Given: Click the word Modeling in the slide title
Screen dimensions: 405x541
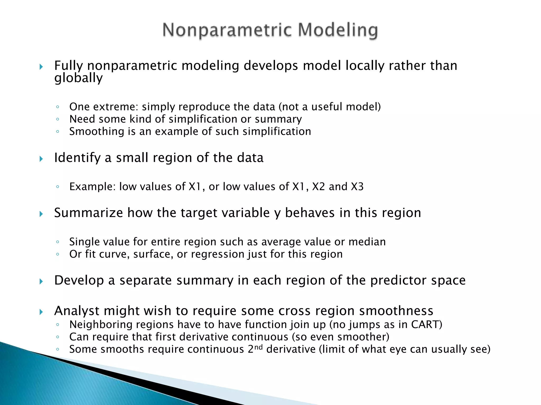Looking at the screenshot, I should (x=338, y=30).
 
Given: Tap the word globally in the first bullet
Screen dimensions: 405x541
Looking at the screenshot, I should (x=78, y=78).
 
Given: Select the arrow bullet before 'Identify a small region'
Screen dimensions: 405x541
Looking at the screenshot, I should (x=41, y=159).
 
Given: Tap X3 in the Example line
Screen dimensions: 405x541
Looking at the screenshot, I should (x=357, y=187).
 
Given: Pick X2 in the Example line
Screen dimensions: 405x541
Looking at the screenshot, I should (x=318, y=187).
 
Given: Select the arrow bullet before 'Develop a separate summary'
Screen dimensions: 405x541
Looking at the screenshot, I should (x=41, y=281).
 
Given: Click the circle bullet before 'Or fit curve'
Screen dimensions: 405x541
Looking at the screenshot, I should (x=58, y=254).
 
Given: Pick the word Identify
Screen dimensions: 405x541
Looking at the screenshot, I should (x=77, y=158).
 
